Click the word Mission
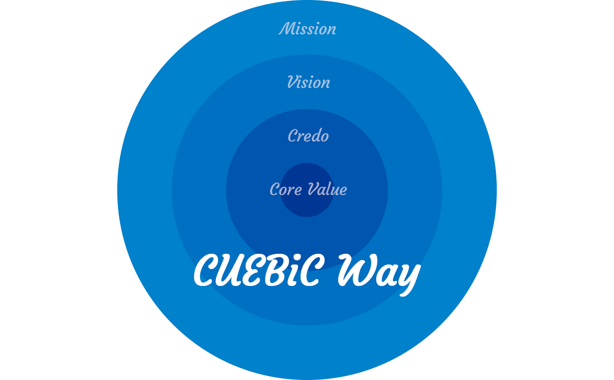click(307, 28)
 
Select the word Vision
click(309, 82)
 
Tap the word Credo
click(308, 136)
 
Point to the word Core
click(286, 189)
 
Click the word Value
click(327, 189)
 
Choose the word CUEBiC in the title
click(259, 271)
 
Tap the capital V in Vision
click(293, 82)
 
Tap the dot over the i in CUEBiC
click(297, 258)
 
